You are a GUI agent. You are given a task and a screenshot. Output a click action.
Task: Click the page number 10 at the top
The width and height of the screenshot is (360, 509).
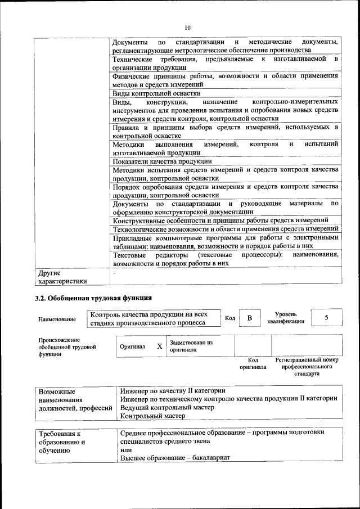(187, 26)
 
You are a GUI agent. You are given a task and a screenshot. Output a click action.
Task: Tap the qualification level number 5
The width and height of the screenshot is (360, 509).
(326, 318)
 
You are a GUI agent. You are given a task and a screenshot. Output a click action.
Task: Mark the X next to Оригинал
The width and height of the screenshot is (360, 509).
(159, 346)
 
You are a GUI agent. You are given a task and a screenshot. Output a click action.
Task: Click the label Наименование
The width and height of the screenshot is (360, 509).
(57, 319)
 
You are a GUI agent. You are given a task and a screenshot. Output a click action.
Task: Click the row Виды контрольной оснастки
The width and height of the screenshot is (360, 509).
(156, 93)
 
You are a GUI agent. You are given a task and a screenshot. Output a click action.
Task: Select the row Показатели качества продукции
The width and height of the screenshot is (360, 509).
(162, 161)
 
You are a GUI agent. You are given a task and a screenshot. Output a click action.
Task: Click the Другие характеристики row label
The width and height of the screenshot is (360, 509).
(62, 277)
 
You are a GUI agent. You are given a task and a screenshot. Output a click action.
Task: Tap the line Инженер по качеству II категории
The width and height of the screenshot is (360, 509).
(173, 390)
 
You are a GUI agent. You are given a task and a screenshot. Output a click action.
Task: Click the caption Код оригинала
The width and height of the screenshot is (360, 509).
(253, 363)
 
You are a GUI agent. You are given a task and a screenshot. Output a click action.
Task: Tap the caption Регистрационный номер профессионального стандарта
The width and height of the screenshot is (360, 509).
(307, 366)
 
